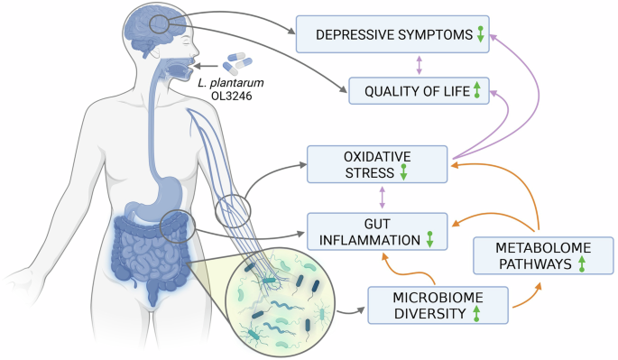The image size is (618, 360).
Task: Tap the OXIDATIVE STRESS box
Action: click(377, 162)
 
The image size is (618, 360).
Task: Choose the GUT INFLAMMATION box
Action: click(377, 231)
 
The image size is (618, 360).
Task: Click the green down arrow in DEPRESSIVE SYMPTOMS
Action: click(480, 34)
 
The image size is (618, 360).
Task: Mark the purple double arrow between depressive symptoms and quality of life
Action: click(418, 62)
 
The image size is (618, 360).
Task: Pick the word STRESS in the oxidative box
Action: click(364, 171)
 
